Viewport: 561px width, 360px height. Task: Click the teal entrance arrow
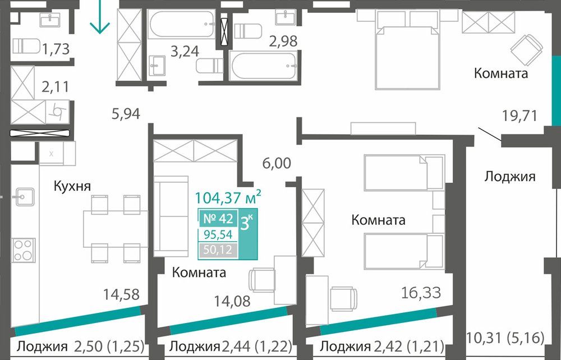(100, 16)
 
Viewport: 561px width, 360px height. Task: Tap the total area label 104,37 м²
(228, 197)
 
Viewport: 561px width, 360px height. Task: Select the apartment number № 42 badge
(218, 218)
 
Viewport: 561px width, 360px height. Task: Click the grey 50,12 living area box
(218, 250)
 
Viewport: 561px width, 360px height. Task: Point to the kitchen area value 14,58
(121, 294)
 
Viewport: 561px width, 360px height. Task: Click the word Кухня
(72, 186)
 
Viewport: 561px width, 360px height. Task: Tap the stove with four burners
(23, 250)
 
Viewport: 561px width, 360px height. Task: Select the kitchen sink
(24, 197)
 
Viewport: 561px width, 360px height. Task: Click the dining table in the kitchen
(116, 229)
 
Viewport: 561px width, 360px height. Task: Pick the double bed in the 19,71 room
(407, 49)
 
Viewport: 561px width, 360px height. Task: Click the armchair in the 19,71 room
(526, 50)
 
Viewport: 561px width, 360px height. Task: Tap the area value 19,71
(519, 116)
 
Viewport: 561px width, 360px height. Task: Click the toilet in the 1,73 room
(26, 46)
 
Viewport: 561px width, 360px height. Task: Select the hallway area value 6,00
(277, 163)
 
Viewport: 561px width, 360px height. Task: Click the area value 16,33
(421, 293)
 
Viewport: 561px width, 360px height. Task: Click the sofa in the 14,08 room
(171, 216)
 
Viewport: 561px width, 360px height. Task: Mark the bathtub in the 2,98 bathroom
(263, 66)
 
